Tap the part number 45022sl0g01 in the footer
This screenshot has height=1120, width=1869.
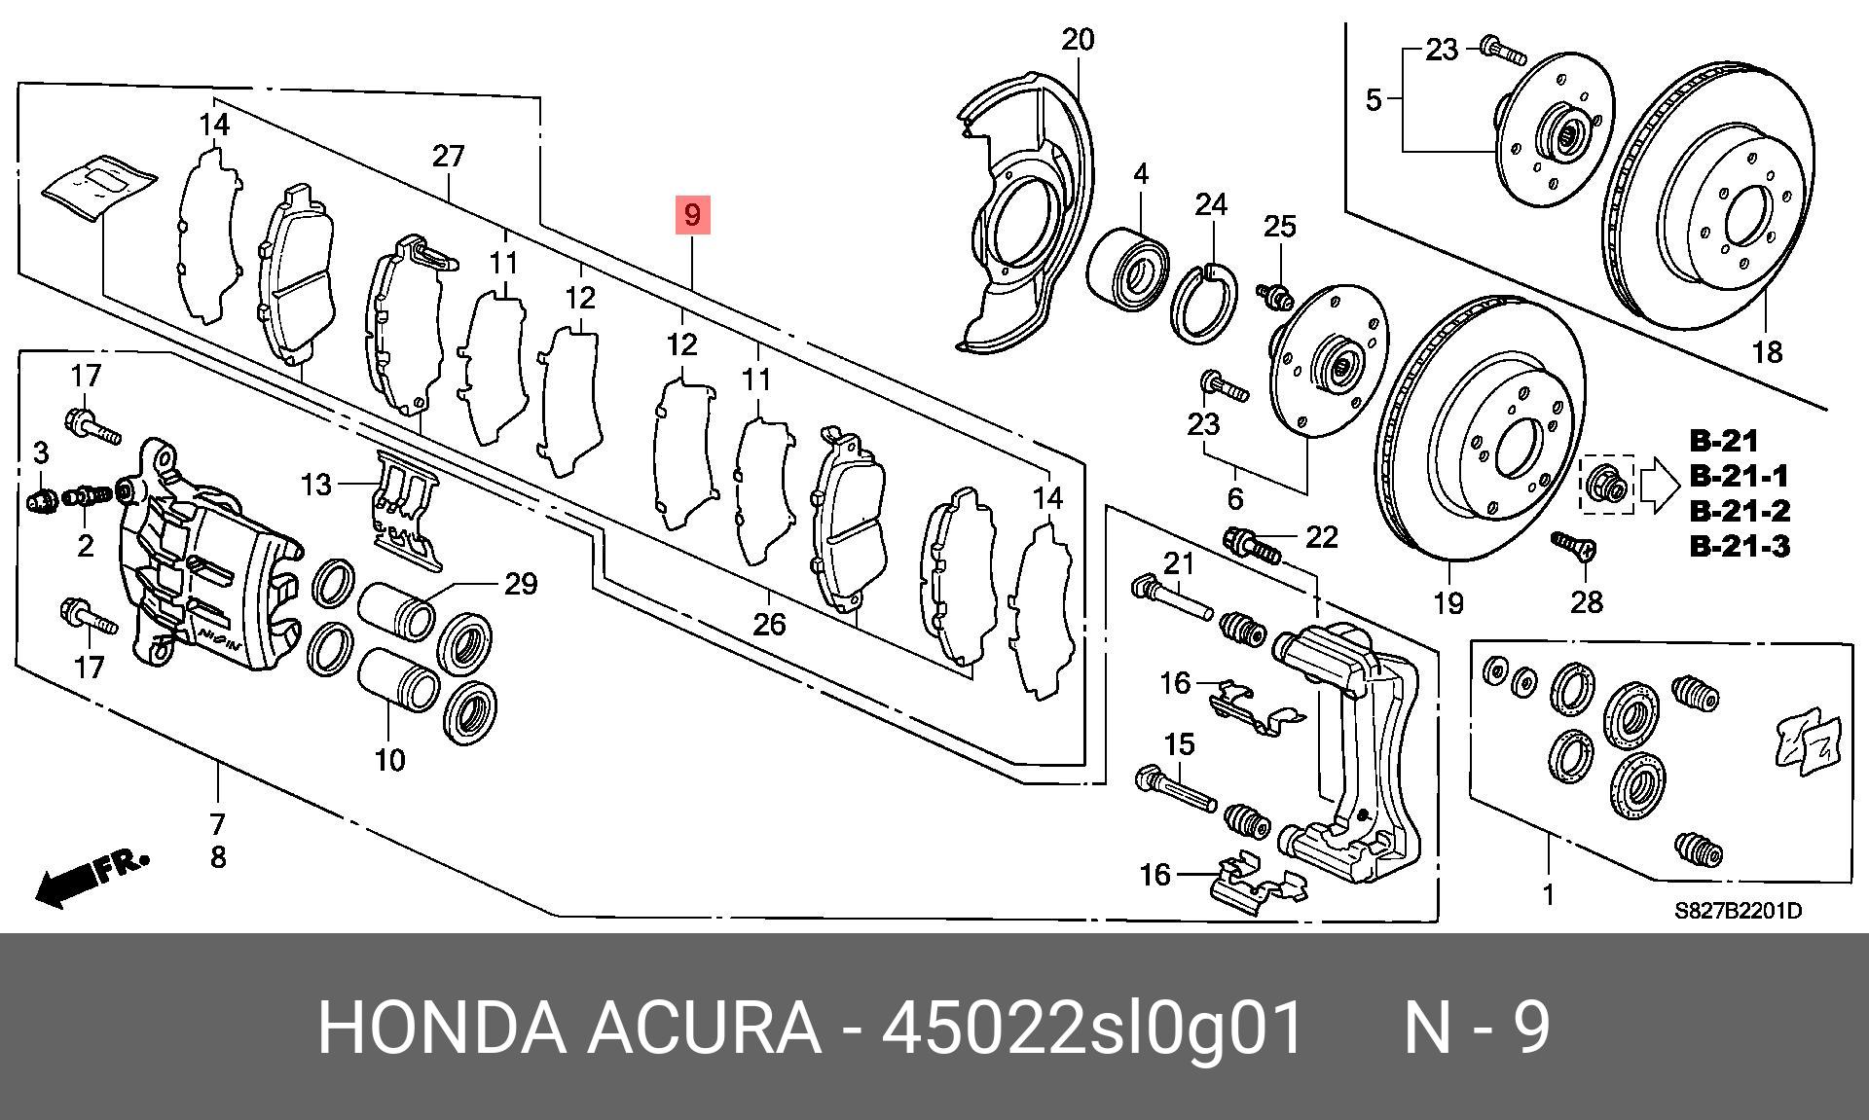[x=1092, y=1029]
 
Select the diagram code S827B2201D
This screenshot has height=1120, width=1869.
[x=1738, y=912]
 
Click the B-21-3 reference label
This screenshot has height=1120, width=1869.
[x=1739, y=546]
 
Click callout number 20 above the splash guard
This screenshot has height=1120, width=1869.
[x=1078, y=40]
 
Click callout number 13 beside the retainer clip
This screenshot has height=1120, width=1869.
[x=316, y=484]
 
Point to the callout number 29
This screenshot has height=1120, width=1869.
[x=521, y=584]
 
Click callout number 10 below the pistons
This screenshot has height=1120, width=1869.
[x=390, y=759]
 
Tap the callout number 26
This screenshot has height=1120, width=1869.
[x=769, y=624]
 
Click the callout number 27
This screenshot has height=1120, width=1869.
[x=448, y=156]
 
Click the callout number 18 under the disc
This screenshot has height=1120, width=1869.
[x=1767, y=351]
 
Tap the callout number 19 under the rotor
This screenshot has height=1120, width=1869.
[x=1448, y=603]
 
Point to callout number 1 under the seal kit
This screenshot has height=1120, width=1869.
[x=1548, y=893]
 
